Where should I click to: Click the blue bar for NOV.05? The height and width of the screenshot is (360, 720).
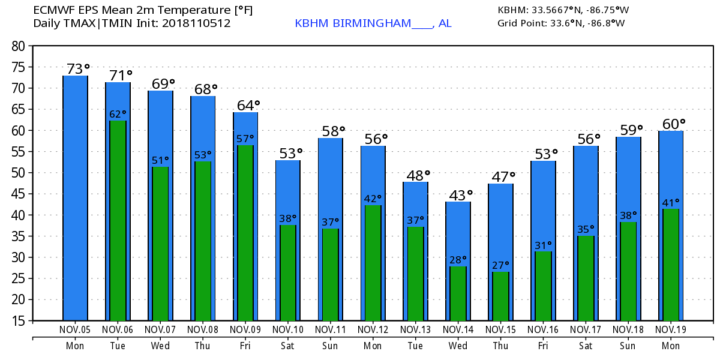click(76, 198)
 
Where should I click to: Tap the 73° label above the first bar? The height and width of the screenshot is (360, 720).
click(78, 69)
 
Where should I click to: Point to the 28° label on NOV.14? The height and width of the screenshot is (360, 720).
click(458, 260)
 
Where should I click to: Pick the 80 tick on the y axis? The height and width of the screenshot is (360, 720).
click(20, 46)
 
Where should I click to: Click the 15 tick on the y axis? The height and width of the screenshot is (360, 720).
click(20, 321)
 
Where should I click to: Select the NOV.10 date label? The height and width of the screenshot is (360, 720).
click(288, 329)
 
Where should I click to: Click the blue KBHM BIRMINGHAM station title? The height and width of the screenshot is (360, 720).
click(373, 23)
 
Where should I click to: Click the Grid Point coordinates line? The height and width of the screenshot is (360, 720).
click(561, 23)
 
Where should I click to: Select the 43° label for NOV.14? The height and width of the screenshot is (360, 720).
click(460, 195)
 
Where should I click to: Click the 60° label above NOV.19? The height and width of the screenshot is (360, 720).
click(673, 124)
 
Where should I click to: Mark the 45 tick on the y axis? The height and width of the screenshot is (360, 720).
click(20, 194)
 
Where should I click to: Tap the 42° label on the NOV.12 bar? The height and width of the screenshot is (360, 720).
click(373, 199)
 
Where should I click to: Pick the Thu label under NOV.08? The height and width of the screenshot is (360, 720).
click(203, 346)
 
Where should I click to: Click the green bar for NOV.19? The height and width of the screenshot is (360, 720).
click(671, 264)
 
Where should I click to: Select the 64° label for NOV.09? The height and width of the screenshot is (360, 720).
click(248, 106)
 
